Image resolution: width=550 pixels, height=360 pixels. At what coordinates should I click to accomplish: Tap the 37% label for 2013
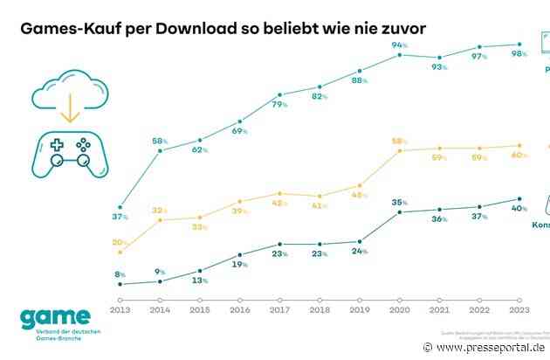tap(120, 216)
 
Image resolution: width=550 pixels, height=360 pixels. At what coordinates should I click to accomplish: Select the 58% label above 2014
tap(161, 140)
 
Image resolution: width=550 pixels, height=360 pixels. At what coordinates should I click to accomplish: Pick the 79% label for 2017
tap(280, 105)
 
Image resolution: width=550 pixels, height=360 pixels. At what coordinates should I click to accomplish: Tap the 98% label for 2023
tap(519, 54)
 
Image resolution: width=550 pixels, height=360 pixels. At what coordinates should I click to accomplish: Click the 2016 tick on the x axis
tap(240, 308)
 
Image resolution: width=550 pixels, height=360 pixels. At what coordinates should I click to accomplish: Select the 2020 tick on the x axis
tap(401, 308)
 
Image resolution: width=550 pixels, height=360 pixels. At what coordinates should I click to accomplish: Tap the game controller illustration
tap(66, 155)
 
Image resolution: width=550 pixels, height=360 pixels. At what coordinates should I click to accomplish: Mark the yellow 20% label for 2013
tap(120, 242)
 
